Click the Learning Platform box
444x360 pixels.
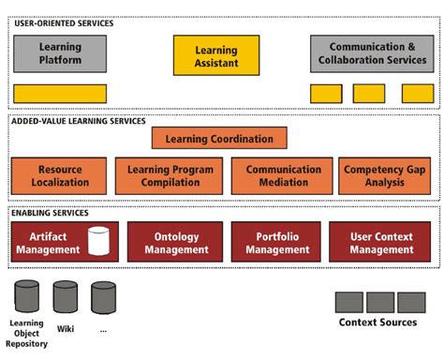point(60,53)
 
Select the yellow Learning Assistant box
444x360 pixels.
point(215,55)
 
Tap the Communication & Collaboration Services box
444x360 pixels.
point(372,53)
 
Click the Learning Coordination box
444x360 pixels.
point(219,139)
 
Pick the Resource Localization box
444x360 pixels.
point(60,175)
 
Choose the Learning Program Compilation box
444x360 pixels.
point(170,175)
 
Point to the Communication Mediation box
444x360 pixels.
point(276,175)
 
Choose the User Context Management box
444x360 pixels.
point(382,242)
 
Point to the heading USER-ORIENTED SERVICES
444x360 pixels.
point(64,22)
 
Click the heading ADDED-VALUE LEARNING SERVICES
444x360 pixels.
point(80,121)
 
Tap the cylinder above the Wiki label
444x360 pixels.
point(65,297)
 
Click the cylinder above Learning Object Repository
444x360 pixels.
point(26,296)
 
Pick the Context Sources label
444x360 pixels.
point(377,323)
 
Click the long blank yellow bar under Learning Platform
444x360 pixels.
point(60,94)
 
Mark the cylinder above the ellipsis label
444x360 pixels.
point(103,297)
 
